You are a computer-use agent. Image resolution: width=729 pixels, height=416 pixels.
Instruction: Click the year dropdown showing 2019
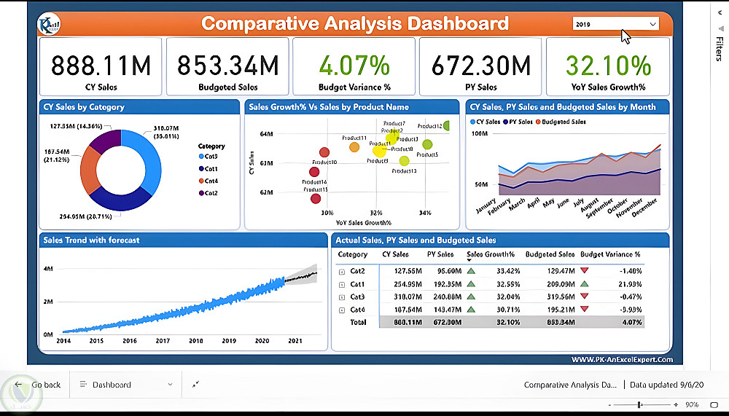coord(615,24)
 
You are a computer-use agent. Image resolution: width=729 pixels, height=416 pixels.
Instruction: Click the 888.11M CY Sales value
coord(101,67)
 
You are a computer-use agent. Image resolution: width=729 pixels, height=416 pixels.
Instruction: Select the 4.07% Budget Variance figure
coord(354,67)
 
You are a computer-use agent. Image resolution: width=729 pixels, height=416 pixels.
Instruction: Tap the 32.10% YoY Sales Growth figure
coord(608,67)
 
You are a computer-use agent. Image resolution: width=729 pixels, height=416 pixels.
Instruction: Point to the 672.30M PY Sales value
coord(480,67)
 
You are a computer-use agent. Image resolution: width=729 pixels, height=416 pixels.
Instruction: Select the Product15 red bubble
coord(316,198)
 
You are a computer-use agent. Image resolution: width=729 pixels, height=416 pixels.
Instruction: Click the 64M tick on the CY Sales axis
coord(265,134)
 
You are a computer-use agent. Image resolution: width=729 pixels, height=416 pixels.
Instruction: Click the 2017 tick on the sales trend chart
coord(163,340)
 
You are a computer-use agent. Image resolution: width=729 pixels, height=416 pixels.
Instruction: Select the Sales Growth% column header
coord(491,255)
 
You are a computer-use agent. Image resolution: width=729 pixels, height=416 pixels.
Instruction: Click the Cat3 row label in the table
coord(356,297)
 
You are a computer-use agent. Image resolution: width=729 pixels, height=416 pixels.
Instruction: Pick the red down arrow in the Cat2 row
coord(585,271)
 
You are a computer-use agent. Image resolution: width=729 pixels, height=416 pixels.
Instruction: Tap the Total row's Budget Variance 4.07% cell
coord(631,322)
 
